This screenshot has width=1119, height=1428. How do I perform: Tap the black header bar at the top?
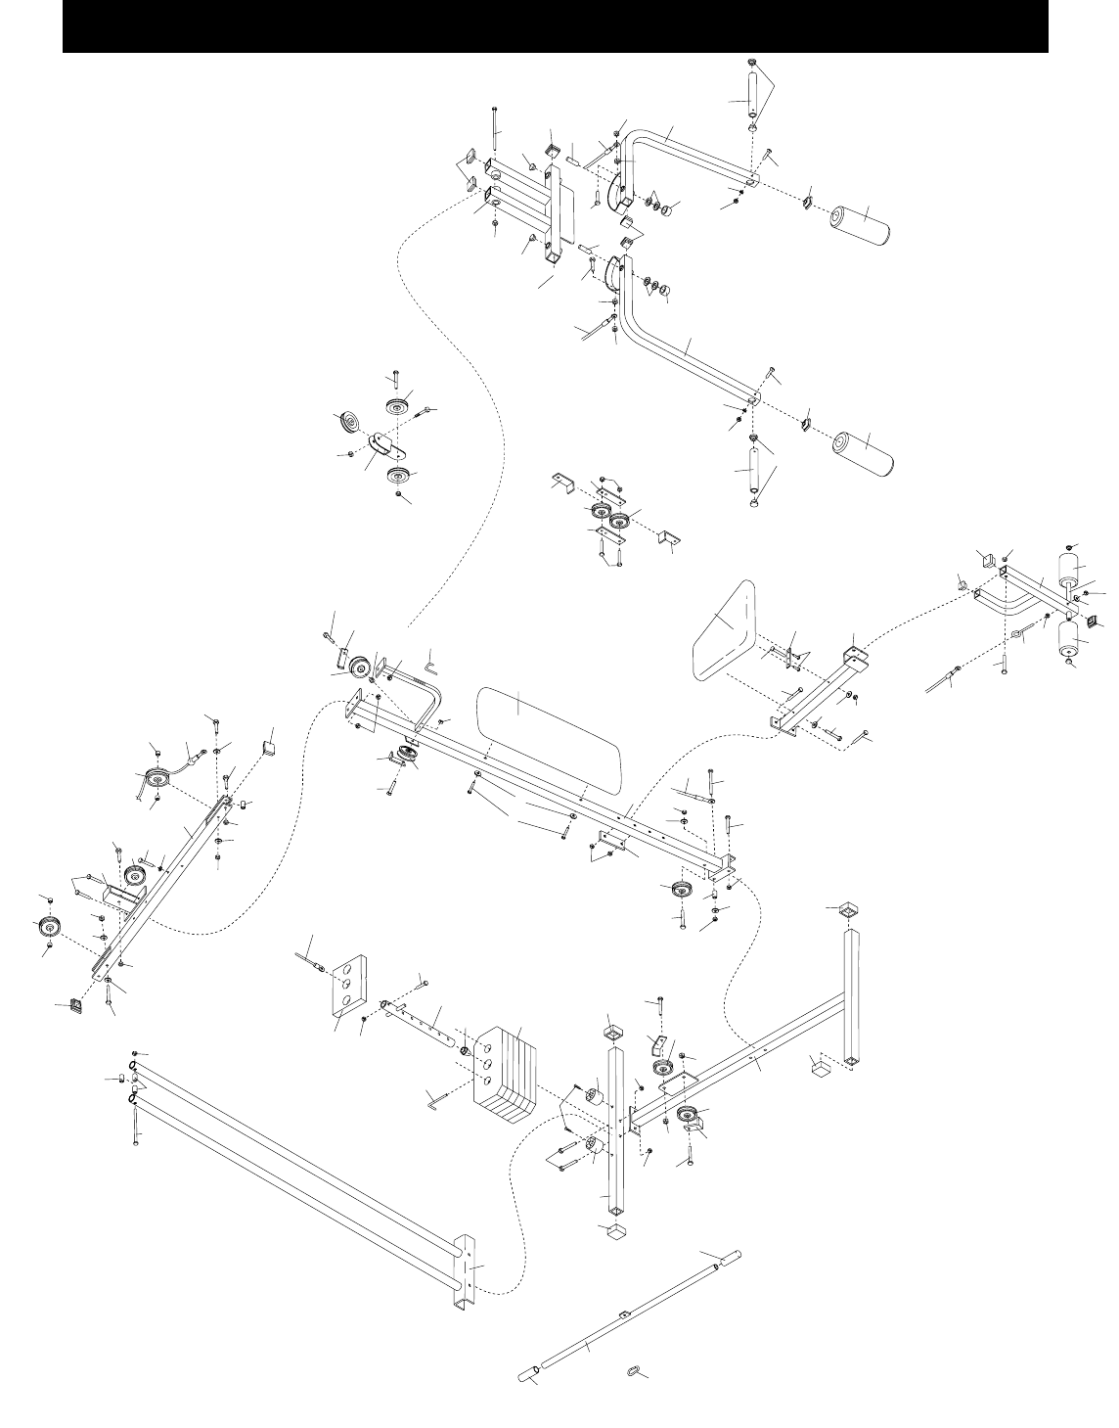[x=555, y=26]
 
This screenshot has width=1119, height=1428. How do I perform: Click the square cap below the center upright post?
[x=612, y=1229]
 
